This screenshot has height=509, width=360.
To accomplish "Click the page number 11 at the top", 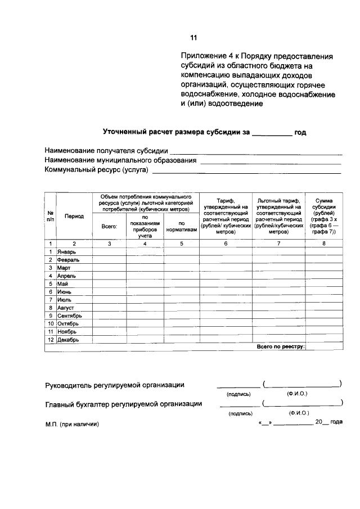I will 193,38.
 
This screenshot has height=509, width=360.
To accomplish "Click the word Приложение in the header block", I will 204,57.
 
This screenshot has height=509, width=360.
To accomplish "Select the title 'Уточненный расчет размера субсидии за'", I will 175,133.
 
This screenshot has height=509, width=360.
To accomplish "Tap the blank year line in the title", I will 272,134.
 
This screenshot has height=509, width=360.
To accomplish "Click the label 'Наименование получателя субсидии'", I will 106,151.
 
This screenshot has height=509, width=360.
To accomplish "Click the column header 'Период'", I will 74,216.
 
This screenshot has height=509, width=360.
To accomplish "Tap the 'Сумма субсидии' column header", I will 325,215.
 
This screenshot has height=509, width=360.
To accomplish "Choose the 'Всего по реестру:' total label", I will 280,347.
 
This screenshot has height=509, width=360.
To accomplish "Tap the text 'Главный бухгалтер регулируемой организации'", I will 124,403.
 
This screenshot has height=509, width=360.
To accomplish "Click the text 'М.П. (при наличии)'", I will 71,425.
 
